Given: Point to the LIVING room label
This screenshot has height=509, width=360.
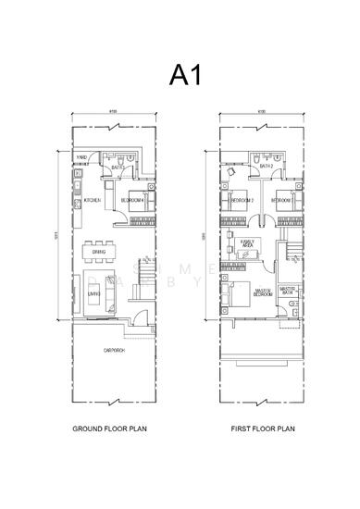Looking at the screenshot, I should pos(94,293).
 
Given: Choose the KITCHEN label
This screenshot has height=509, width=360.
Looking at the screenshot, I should pos(93,200).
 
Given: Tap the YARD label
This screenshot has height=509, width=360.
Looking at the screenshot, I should pos(81,158).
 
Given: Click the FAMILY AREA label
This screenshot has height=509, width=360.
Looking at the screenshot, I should pos(247,243).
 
